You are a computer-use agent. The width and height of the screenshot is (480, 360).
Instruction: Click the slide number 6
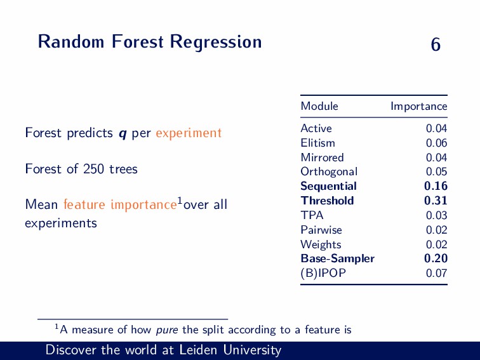(x=436, y=44)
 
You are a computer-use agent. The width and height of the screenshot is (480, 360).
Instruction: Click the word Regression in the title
(x=216, y=42)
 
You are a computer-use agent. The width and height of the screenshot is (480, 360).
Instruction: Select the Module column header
(x=319, y=106)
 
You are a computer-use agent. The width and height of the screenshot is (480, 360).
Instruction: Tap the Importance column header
(x=419, y=106)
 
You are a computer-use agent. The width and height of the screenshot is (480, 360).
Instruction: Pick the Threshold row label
(x=327, y=201)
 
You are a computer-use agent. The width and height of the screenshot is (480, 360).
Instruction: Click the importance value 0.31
(x=436, y=201)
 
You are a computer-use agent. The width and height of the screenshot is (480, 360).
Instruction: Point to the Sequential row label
(x=328, y=187)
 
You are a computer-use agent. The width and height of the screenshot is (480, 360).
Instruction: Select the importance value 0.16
(x=436, y=186)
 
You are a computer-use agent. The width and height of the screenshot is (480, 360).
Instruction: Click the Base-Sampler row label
(x=337, y=258)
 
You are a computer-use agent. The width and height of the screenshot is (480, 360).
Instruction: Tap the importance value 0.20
(x=436, y=258)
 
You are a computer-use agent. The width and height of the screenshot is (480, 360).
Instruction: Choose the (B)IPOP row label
(x=323, y=273)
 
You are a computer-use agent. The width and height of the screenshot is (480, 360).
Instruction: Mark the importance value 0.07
(x=437, y=273)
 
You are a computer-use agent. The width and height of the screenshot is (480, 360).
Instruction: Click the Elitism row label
(x=317, y=143)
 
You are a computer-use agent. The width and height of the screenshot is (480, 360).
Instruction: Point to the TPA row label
(x=312, y=215)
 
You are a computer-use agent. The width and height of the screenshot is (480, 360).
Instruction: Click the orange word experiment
(x=189, y=133)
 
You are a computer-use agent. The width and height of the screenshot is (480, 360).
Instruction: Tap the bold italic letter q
(x=123, y=134)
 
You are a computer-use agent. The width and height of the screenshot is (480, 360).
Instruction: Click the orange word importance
(x=143, y=205)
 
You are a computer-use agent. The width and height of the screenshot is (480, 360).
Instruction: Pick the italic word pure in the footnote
(x=167, y=330)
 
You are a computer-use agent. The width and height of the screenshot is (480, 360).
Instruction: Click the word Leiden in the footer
(x=198, y=350)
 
